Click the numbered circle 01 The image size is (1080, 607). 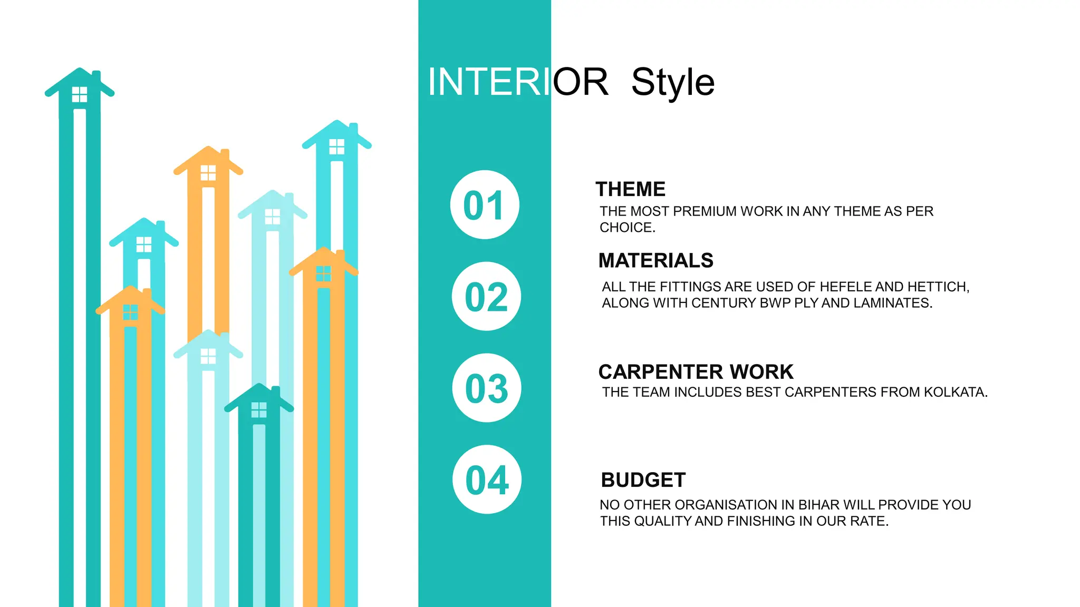point(485,205)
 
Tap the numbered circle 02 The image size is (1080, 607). point(486,297)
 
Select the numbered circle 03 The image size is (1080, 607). point(487,388)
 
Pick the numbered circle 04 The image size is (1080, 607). point(487,480)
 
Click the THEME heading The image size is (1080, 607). point(631,189)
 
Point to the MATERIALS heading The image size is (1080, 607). point(655,261)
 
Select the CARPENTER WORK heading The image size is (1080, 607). point(696,372)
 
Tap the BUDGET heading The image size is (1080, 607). point(643,480)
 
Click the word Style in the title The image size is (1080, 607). point(673,83)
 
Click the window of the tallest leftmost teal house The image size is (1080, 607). point(80,95)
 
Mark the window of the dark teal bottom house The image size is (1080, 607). point(259,410)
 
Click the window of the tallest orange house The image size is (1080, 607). point(208,173)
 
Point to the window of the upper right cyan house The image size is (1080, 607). point(336,146)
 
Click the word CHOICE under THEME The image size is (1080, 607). point(626,228)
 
